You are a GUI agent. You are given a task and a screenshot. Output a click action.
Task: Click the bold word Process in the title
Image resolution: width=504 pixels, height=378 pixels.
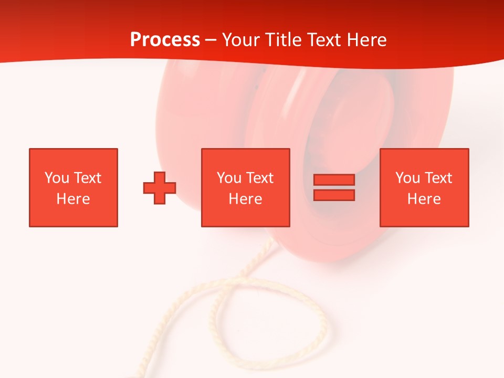(x=165, y=40)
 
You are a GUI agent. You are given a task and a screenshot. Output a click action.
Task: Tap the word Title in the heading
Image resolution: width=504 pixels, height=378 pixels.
(x=283, y=40)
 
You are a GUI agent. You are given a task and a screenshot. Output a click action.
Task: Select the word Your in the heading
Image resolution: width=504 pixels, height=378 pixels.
(x=243, y=40)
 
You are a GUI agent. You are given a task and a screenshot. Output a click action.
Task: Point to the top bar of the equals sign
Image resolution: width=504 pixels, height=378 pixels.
(x=334, y=180)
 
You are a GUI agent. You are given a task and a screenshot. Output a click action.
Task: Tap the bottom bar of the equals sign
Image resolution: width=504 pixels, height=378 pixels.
(x=334, y=195)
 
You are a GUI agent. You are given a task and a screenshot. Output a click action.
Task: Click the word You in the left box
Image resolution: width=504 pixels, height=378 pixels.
(x=57, y=178)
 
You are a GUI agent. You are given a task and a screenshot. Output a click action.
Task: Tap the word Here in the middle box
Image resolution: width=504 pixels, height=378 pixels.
(x=246, y=199)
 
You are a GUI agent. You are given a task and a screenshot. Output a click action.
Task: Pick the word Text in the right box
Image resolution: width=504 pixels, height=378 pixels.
(x=438, y=178)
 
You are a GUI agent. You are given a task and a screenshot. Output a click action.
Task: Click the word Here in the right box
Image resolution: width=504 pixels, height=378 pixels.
(x=424, y=199)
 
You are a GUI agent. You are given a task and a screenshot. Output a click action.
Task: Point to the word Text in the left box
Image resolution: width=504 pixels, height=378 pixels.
(x=87, y=178)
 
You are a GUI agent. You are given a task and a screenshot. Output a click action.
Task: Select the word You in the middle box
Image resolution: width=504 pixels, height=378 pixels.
(x=229, y=178)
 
